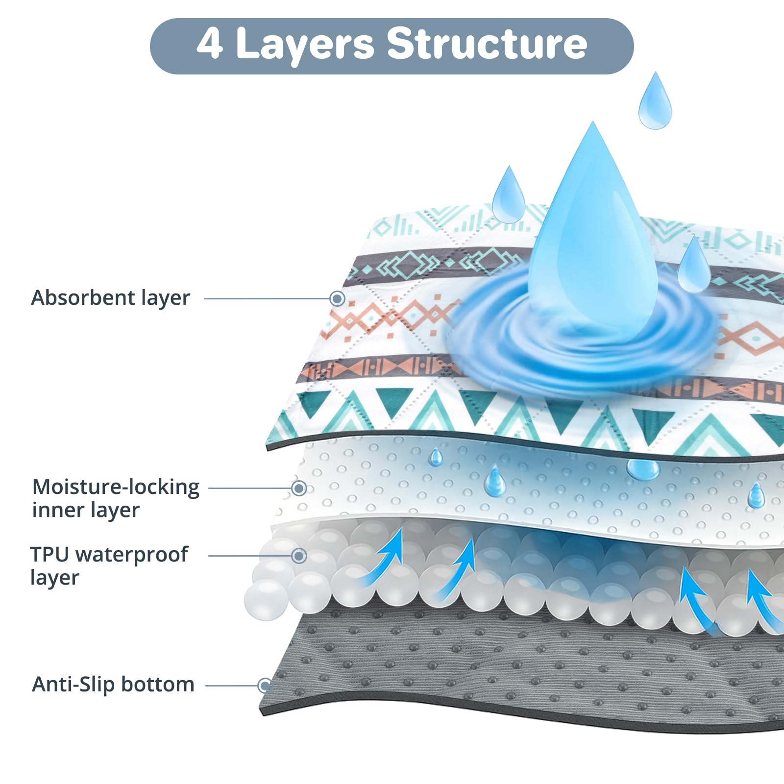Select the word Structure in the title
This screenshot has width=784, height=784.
click(487, 43)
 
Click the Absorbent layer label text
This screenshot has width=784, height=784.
click(111, 298)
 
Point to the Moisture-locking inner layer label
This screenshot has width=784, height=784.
click(116, 498)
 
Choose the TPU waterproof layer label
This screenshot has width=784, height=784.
click(109, 566)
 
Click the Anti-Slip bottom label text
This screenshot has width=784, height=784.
click(113, 684)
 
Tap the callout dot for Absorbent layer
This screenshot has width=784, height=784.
click(337, 298)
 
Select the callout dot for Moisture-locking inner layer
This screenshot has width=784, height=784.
click(299, 488)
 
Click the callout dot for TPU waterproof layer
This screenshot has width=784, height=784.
click(299, 556)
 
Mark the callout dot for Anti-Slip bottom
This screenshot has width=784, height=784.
click(265, 686)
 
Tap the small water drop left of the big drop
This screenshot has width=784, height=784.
click(509, 195)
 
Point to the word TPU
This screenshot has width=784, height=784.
click(49, 555)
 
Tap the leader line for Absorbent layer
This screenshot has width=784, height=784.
click(267, 298)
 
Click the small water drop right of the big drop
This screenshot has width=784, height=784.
click(693, 265)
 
